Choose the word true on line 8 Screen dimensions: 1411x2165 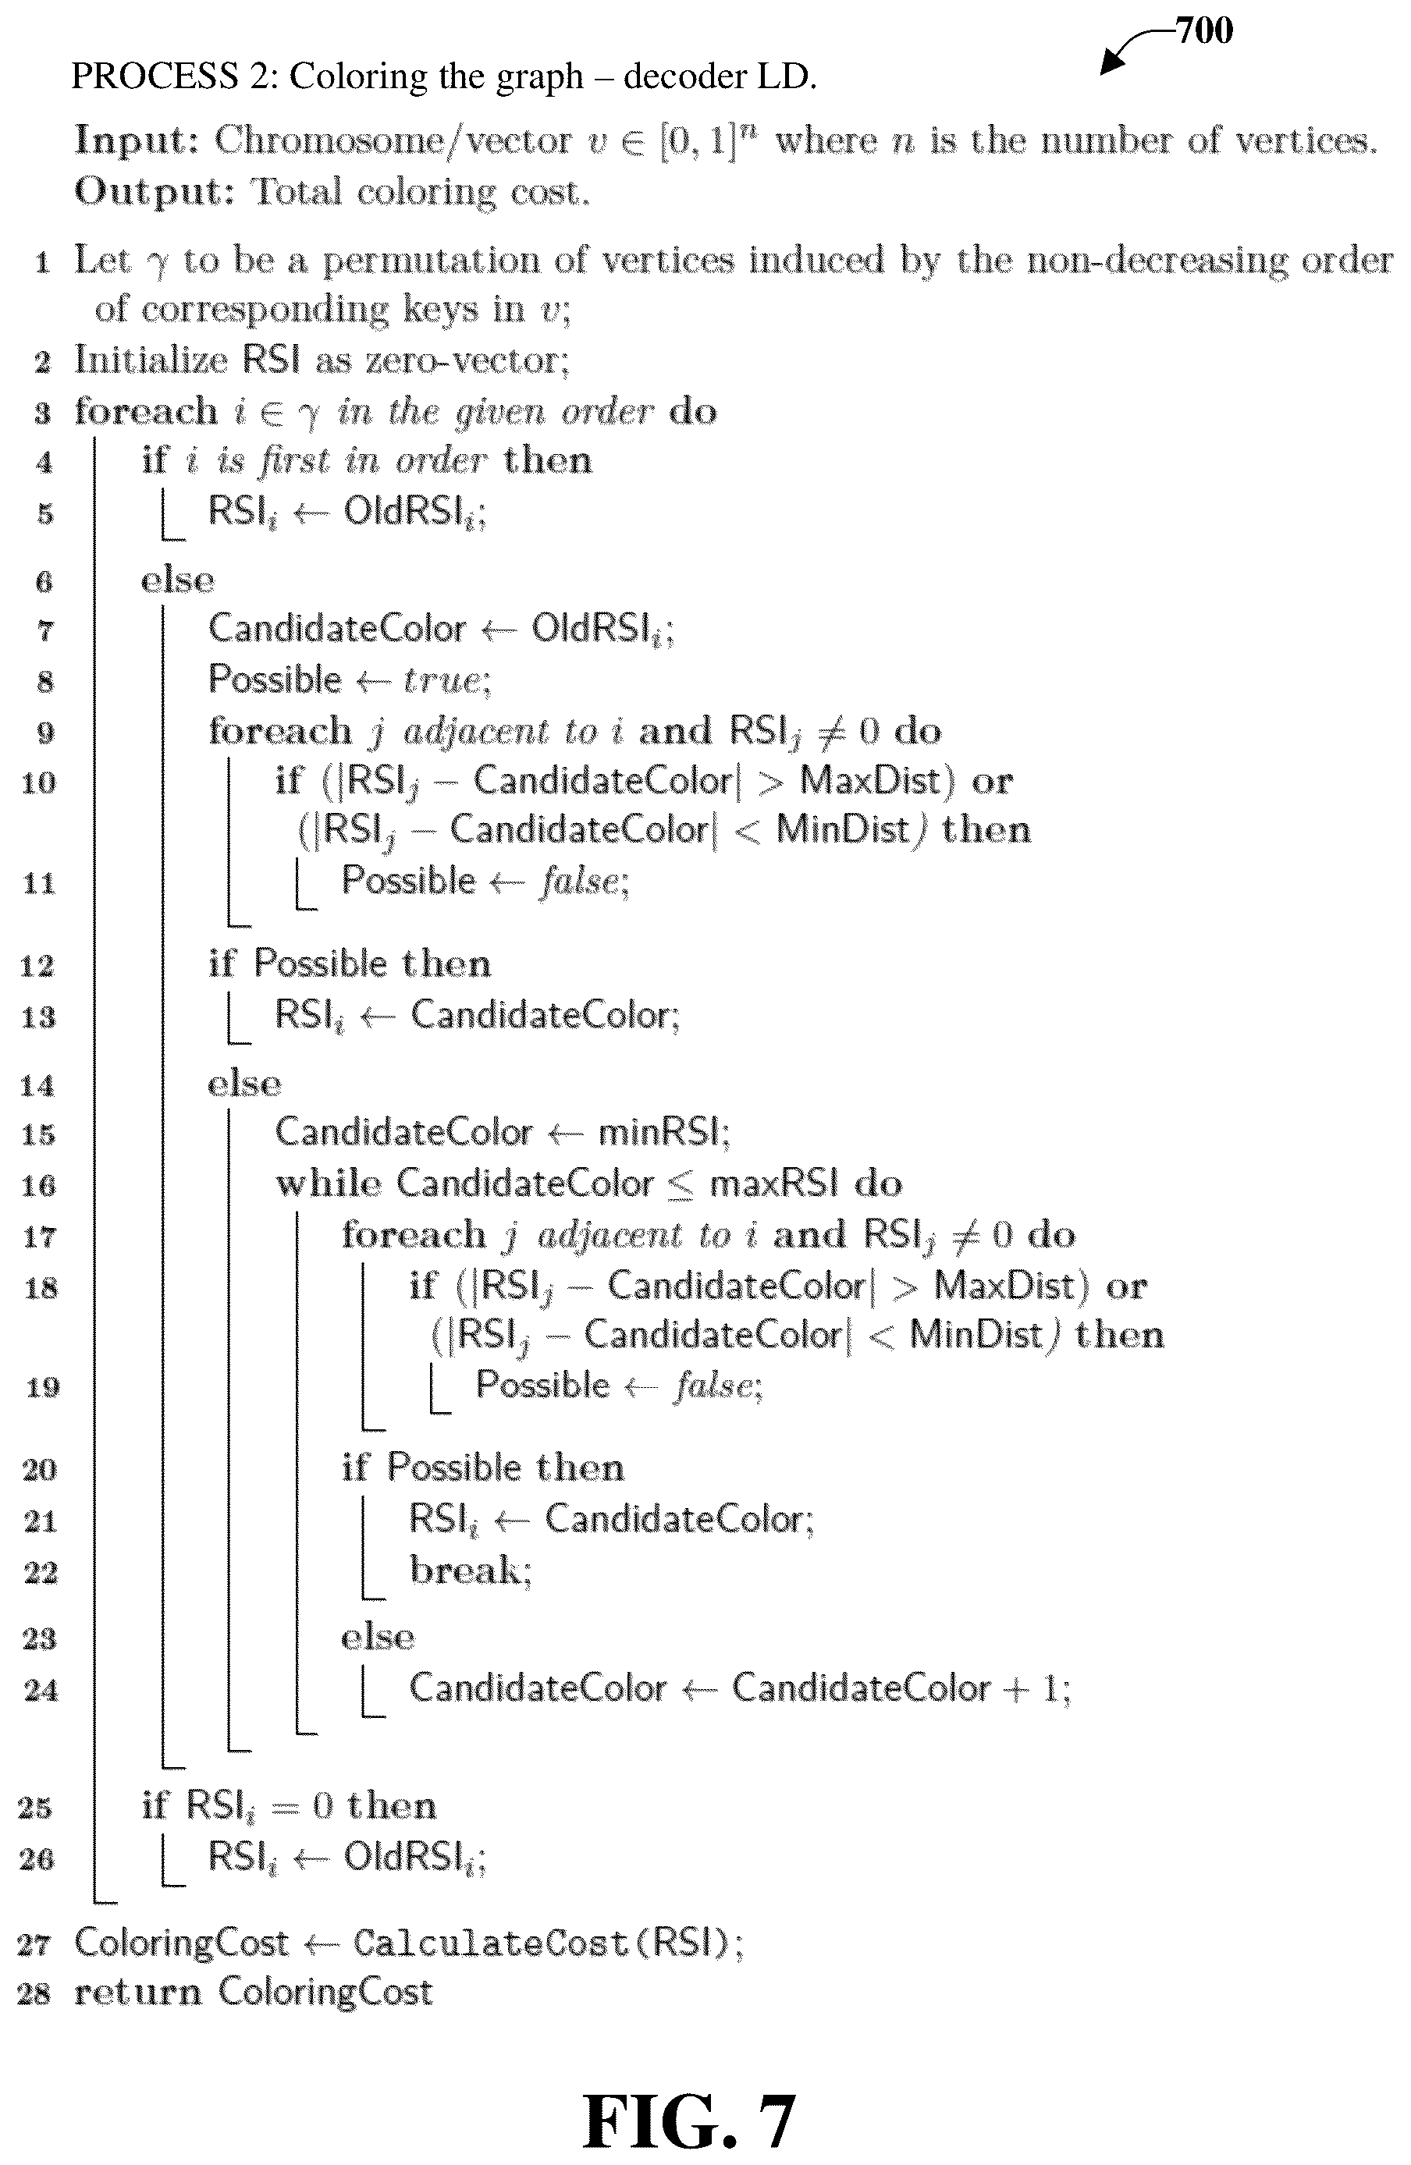442,680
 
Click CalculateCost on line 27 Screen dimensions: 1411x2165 490,1943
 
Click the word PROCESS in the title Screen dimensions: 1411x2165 154,76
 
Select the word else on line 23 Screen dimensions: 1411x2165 378,1638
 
